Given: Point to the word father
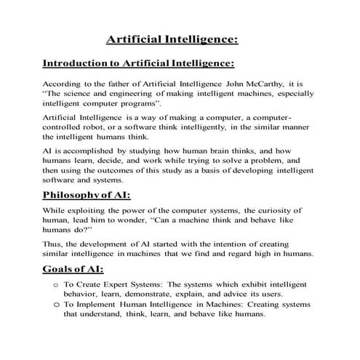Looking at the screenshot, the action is (115, 84).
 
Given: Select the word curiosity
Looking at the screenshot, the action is (275, 211).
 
